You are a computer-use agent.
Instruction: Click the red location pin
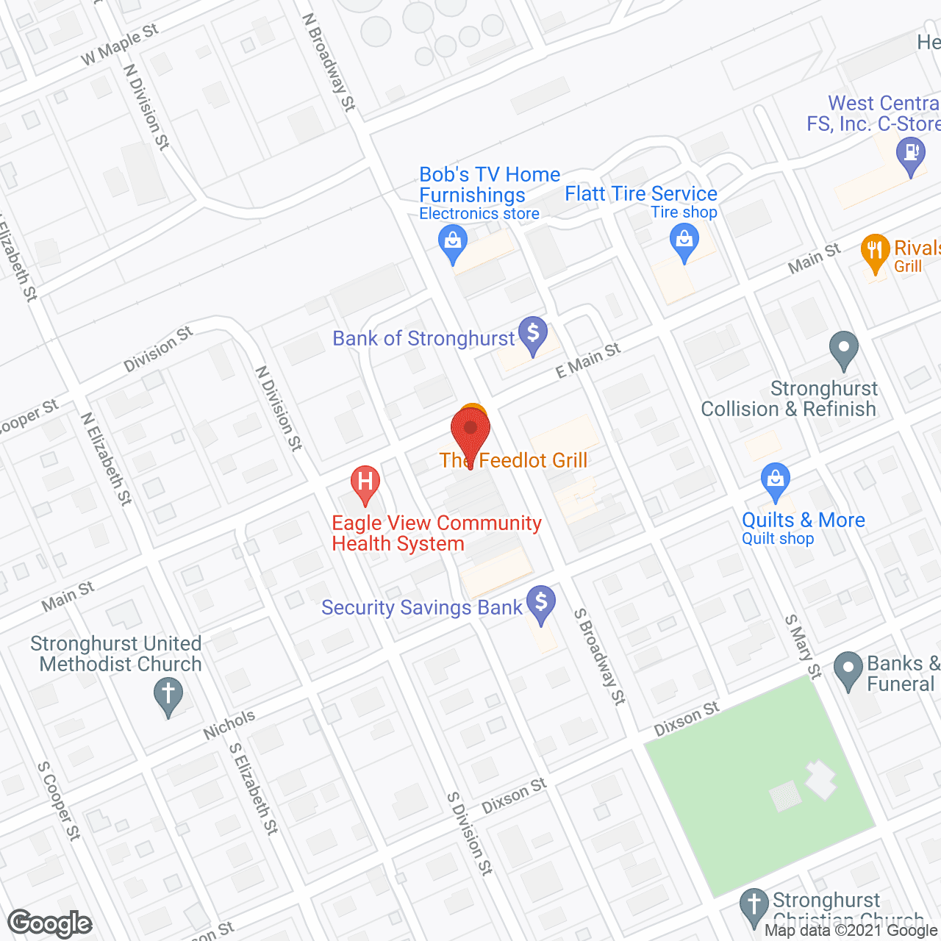tap(470, 434)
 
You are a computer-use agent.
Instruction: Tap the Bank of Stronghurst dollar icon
tap(533, 334)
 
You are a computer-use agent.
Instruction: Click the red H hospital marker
tap(365, 483)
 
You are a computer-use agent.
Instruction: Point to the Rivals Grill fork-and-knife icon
tap(875, 251)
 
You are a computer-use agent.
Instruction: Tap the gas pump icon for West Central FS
tap(911, 155)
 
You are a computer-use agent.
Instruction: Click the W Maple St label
tap(120, 45)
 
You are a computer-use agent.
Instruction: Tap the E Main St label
tap(588, 360)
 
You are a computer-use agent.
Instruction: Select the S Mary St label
tap(802, 646)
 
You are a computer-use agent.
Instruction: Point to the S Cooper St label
tap(59, 801)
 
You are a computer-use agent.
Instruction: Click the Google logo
tap(50, 923)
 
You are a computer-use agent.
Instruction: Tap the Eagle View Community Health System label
tap(437, 533)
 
